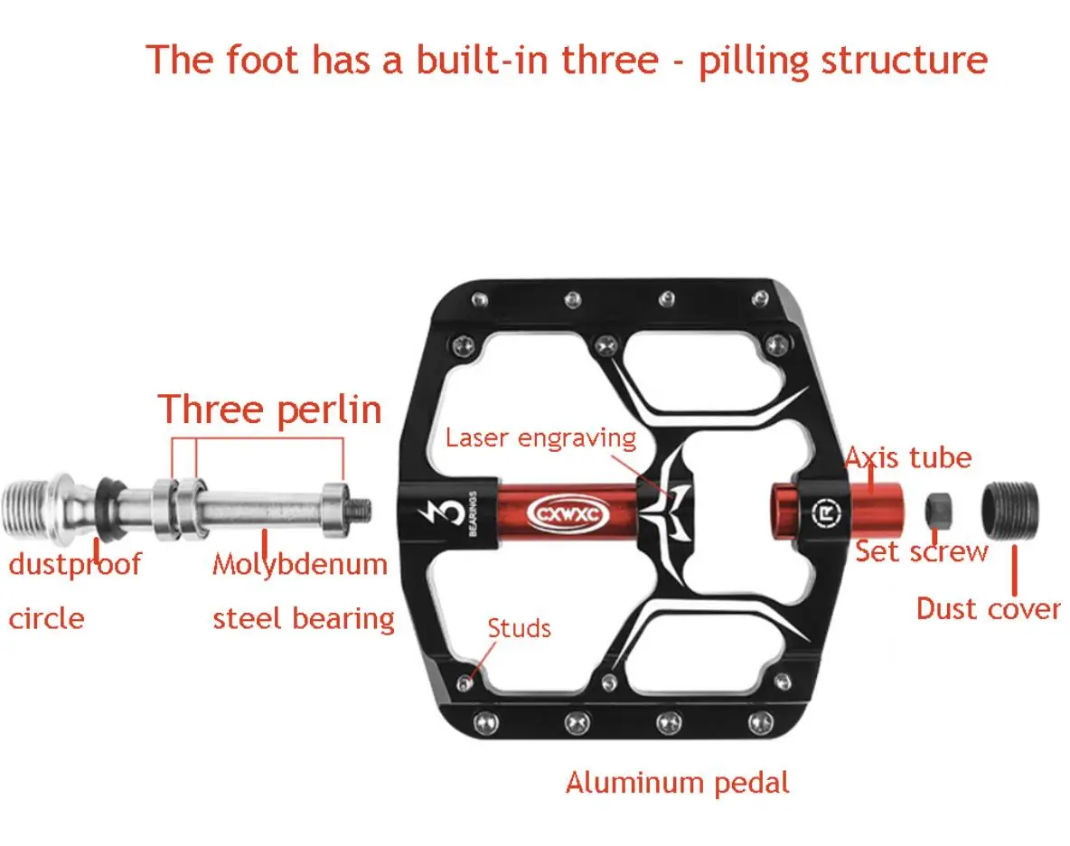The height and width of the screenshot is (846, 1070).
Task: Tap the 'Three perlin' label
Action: click(x=270, y=409)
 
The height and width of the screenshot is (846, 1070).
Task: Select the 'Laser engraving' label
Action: click(x=540, y=438)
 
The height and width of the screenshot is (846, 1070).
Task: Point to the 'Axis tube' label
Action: click(x=907, y=457)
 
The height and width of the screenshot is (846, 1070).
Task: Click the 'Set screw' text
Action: click(x=922, y=550)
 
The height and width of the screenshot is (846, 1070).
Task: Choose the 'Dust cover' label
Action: click(x=988, y=608)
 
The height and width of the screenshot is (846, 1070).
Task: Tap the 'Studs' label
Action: click(x=519, y=628)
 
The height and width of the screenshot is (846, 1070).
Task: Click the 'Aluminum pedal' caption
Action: click(x=677, y=782)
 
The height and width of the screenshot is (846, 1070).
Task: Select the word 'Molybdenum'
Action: click(x=300, y=565)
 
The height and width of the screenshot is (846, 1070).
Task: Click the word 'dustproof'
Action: click(x=75, y=565)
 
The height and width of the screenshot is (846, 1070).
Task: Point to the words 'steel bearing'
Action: click(x=304, y=619)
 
